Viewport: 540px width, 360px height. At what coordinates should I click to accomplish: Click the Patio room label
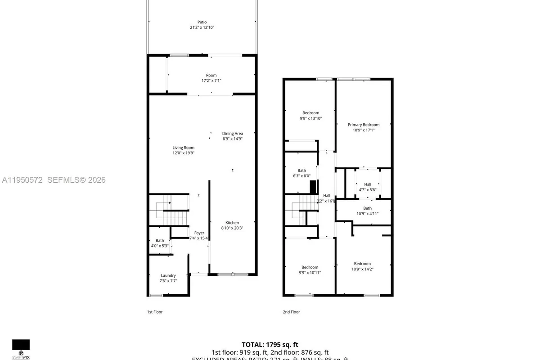click(202, 22)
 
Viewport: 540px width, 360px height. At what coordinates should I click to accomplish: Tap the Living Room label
click(183, 148)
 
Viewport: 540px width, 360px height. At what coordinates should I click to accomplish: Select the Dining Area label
click(232, 133)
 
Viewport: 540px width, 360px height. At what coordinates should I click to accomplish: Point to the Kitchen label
click(232, 223)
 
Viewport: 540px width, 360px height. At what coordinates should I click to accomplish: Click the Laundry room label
click(168, 275)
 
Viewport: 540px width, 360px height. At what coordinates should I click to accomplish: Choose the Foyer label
click(199, 233)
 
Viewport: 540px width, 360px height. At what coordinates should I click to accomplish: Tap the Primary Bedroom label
click(363, 125)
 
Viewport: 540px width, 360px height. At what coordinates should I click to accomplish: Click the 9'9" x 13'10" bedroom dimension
click(310, 118)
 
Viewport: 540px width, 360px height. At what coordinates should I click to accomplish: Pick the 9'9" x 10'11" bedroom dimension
click(310, 273)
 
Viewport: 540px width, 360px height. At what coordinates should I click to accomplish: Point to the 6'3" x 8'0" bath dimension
click(301, 176)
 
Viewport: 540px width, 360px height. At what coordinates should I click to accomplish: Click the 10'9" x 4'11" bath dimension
click(367, 214)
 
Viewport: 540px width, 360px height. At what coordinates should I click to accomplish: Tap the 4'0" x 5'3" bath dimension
click(160, 246)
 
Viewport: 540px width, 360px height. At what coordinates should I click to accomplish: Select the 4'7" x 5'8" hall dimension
click(367, 190)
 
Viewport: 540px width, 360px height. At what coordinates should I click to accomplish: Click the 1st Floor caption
click(155, 312)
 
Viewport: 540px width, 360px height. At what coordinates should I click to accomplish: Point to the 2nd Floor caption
click(292, 312)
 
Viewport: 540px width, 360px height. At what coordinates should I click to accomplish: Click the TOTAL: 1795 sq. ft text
click(270, 344)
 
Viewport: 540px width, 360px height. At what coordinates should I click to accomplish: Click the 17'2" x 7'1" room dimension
click(211, 81)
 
